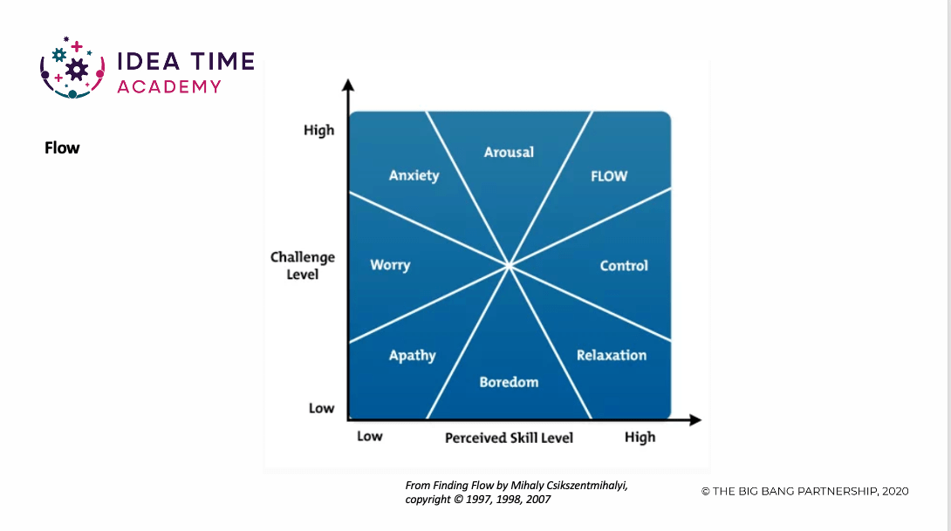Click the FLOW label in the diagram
coord(609,176)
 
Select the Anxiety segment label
coord(414,176)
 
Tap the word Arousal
coord(509,152)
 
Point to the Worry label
coord(390,265)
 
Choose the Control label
coord(624,265)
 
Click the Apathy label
coord(413,356)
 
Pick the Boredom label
coord(509,382)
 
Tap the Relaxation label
coord(612,355)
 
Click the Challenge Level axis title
coord(303,265)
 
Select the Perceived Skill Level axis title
coord(509,438)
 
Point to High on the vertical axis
coord(319,130)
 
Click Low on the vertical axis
coord(321,408)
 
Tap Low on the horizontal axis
coord(369,436)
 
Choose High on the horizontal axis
coord(640,437)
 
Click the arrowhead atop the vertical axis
coord(348,85)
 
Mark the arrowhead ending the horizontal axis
coord(695,419)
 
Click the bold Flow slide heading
coord(62,148)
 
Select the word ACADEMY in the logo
coord(169,86)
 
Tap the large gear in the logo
coord(77,71)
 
